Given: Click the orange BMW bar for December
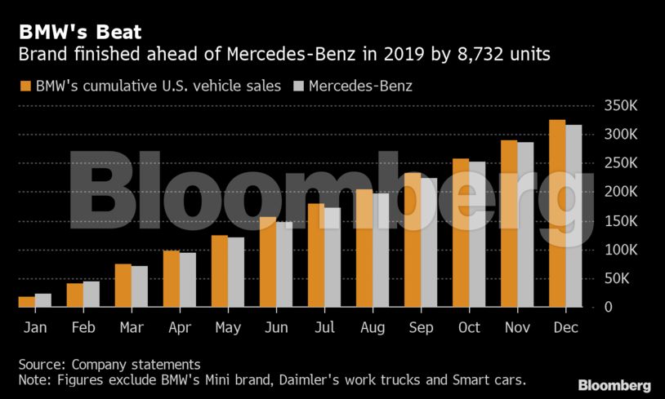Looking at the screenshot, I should (557, 214).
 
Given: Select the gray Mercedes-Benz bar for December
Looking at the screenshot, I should (574, 216).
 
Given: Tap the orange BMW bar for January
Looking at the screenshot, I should (27, 302).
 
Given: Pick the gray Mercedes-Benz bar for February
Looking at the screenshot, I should (91, 295).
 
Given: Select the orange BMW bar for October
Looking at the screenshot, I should (461, 233).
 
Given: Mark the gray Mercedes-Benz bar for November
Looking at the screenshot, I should (525, 225).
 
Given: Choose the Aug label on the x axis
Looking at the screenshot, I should (372, 327).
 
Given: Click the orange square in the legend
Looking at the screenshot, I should (25, 85).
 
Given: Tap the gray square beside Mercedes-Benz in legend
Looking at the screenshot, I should (298, 85).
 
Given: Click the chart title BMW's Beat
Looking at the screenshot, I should (80, 33).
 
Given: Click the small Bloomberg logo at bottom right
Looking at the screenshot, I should (614, 385).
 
